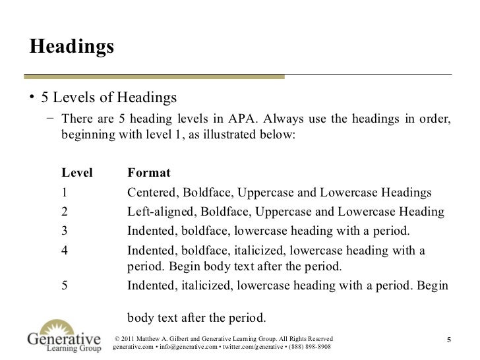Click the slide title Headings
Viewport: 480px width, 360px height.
point(72,48)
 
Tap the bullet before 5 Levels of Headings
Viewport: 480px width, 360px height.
point(31,98)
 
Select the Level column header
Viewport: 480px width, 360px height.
point(77,173)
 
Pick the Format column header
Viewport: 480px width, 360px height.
point(149,173)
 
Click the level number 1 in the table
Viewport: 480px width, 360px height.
point(65,193)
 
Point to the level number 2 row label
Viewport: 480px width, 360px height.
point(65,212)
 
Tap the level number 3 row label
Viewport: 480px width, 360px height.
point(65,230)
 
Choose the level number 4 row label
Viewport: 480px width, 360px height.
point(65,251)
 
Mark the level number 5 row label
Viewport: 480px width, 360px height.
point(65,287)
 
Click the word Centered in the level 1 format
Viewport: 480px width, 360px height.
point(152,193)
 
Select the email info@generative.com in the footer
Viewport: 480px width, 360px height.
point(188,346)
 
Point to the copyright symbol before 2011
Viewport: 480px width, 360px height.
point(118,337)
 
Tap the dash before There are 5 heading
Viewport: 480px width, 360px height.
point(51,119)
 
